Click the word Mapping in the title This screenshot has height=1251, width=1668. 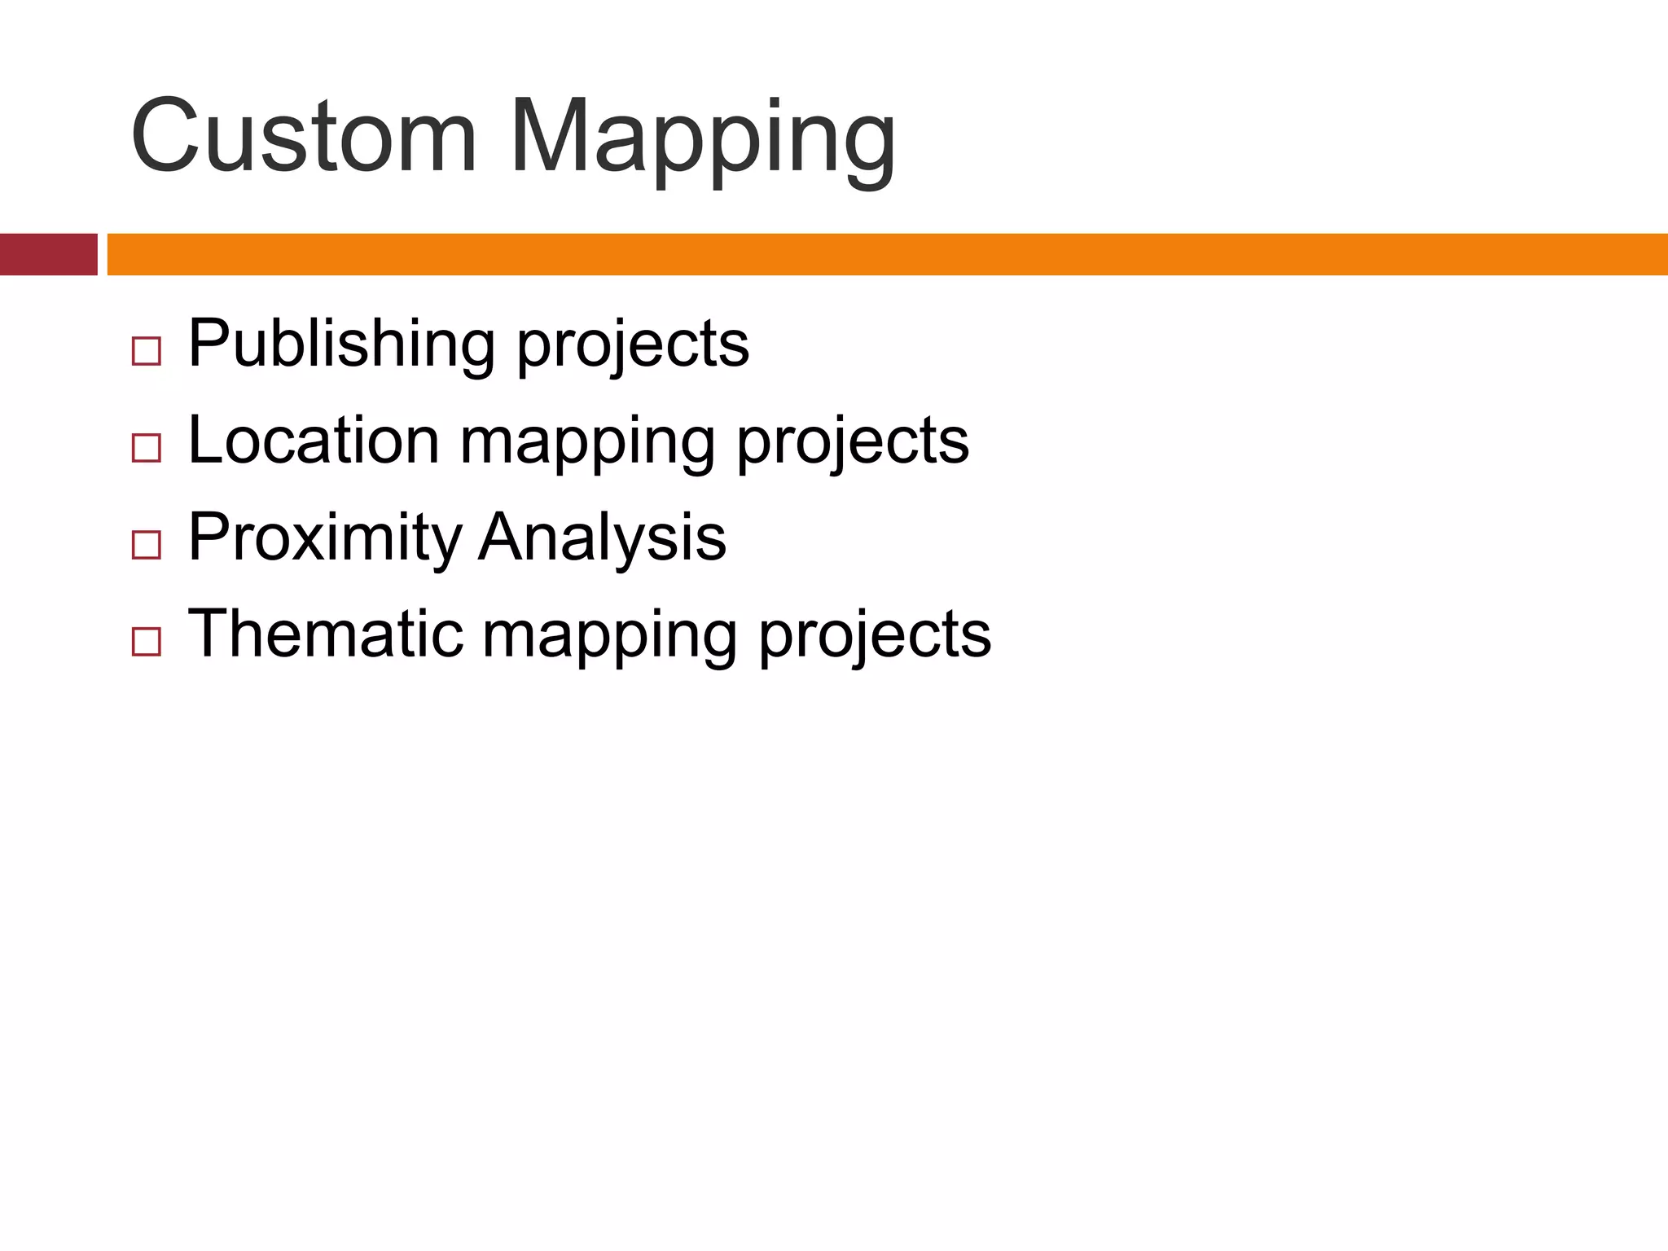pos(702,138)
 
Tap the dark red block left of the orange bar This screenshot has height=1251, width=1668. pos(48,254)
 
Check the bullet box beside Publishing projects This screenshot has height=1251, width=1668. pos(146,352)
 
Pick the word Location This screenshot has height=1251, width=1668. pos(314,441)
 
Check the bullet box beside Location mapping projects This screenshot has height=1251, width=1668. pos(146,448)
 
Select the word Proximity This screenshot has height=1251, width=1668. pos(325,538)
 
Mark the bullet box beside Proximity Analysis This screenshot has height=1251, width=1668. pos(146,545)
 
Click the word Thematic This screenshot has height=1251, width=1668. pos(325,634)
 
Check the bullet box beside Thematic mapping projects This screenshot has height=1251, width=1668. pos(146,642)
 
